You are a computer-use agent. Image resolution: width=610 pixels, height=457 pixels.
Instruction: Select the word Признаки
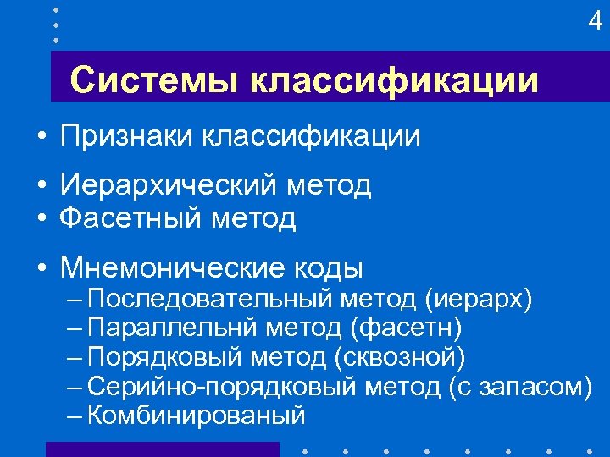126,136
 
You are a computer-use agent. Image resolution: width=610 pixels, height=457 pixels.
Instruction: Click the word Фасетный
136,218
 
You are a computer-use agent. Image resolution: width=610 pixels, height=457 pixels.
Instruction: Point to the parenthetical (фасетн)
410,328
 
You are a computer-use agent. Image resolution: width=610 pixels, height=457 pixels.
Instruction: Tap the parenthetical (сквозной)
400,357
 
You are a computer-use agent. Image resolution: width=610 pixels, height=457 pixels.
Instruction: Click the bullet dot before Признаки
42,137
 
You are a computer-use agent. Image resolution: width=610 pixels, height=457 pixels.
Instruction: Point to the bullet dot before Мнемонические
42,269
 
